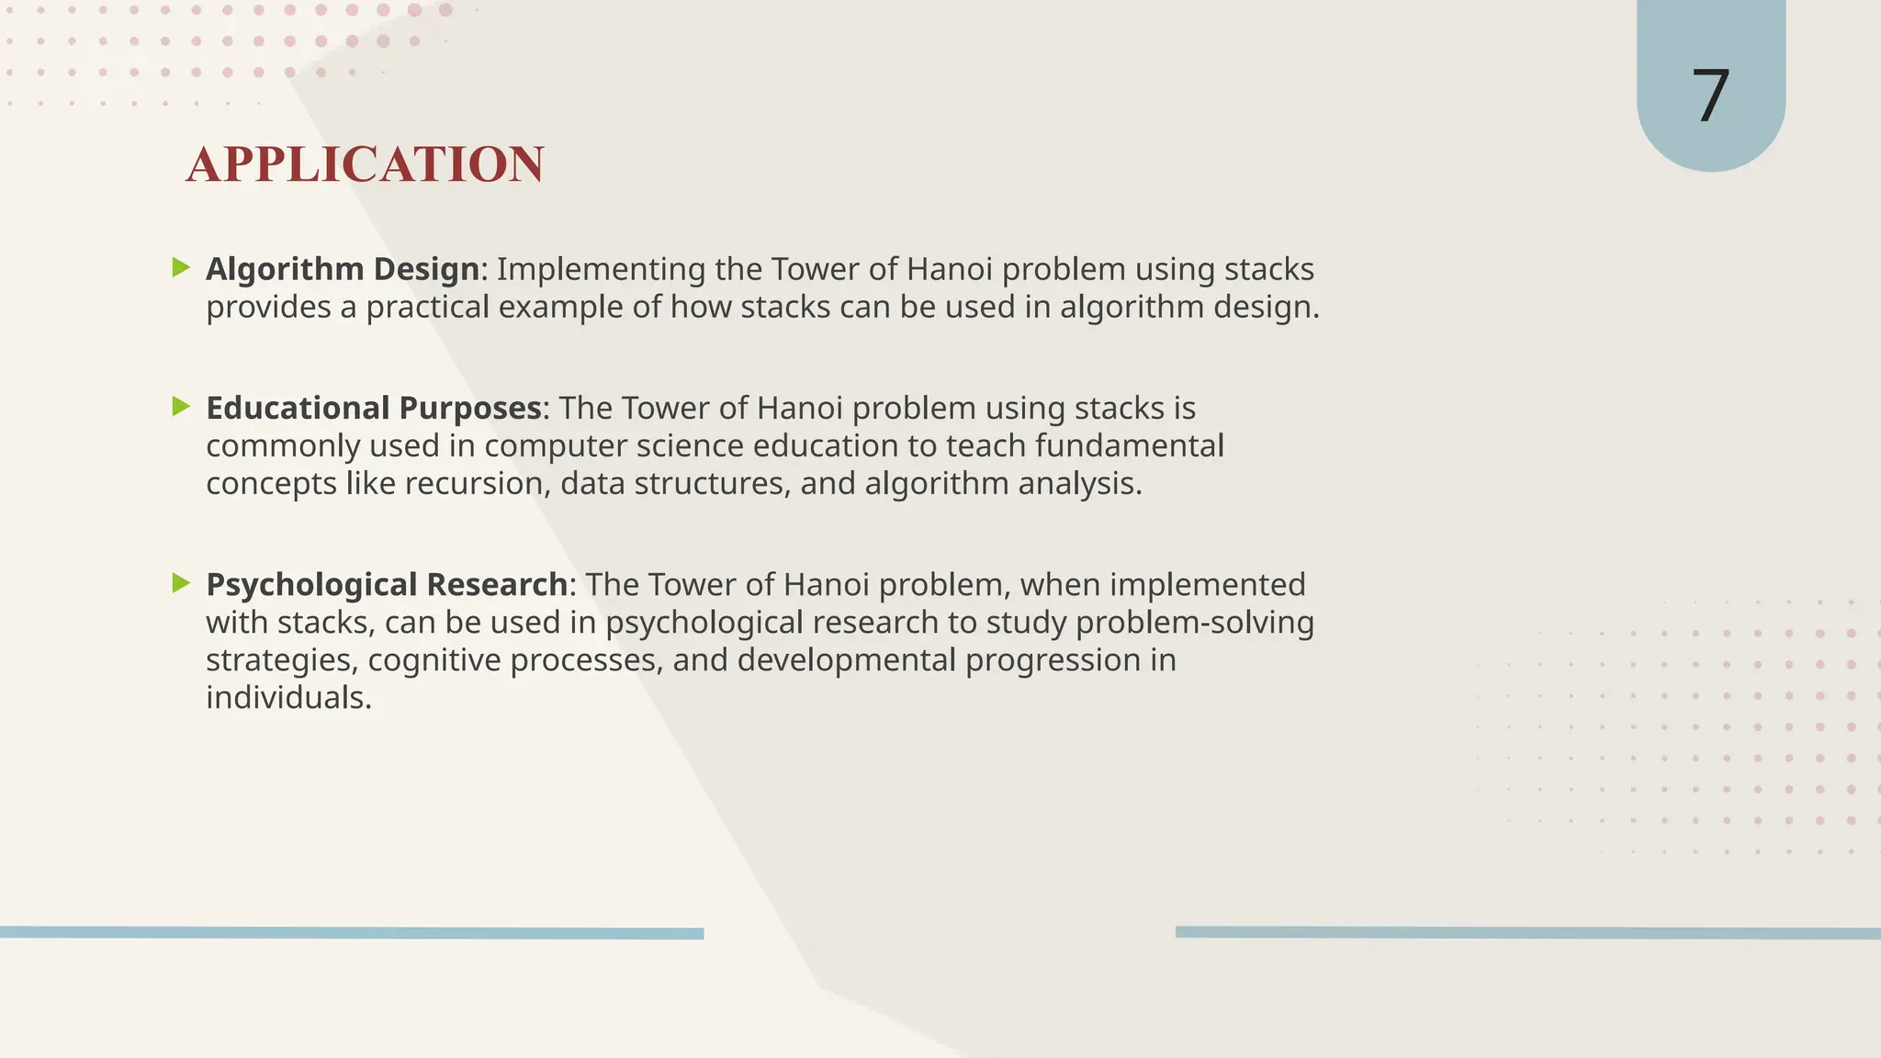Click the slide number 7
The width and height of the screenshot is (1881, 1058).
point(1710,96)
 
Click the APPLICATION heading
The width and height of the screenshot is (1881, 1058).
point(365,165)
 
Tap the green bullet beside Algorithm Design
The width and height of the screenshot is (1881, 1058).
point(181,268)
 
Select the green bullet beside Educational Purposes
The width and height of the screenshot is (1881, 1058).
point(181,407)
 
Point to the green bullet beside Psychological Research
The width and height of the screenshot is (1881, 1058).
point(181,583)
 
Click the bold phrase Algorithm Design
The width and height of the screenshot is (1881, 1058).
point(343,269)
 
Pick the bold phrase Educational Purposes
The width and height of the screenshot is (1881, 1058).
point(373,408)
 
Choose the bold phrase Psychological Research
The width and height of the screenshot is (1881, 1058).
point(387,585)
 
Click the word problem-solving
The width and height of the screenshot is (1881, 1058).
point(1195,623)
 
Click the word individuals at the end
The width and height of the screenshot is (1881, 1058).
point(288,698)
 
